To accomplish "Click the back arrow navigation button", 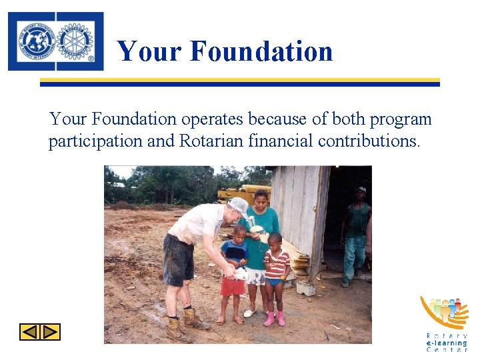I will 29,331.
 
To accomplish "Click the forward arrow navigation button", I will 51,331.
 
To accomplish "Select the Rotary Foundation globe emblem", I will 37,41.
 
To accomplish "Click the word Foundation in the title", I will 261,51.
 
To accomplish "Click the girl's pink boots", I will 274,319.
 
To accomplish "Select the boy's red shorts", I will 233,286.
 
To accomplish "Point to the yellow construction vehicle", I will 241,194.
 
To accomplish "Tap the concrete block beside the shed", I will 306,289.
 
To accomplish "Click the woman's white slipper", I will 249,312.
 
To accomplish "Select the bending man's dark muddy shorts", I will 178,259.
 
